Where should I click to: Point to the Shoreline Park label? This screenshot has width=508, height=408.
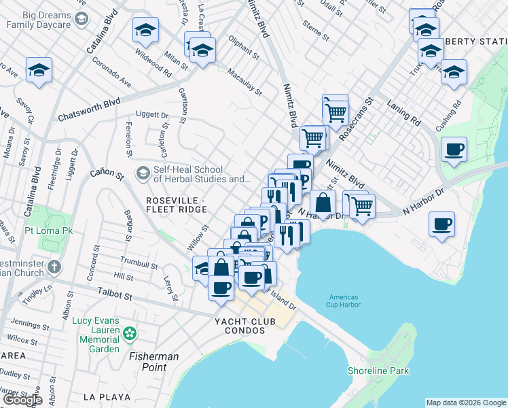[378, 371]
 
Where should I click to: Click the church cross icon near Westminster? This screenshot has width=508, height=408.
[55, 267]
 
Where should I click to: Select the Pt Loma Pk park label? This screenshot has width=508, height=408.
[49, 231]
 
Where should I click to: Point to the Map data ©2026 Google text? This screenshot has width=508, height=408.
[465, 403]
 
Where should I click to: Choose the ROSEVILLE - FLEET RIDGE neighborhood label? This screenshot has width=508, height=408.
[177, 205]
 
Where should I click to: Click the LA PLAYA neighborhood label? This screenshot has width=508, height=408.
[102, 396]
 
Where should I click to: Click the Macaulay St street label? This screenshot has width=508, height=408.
[244, 82]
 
